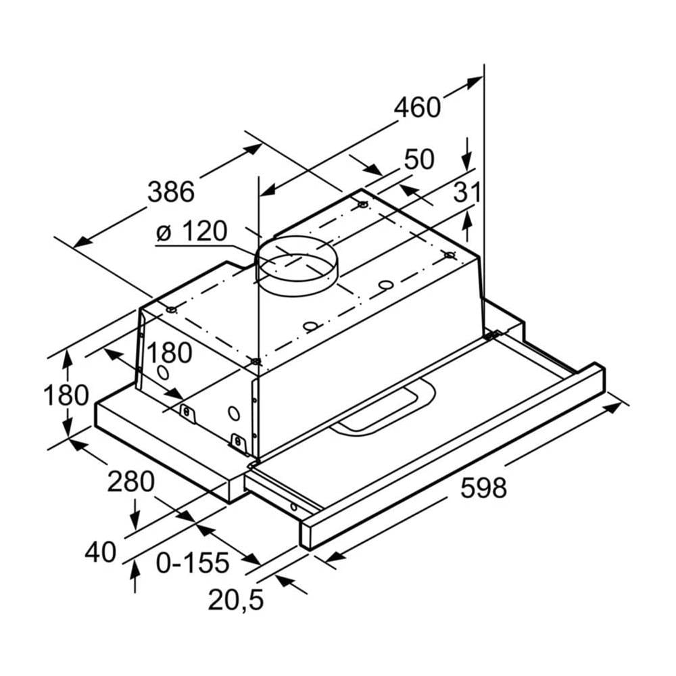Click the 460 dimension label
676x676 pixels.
click(x=417, y=107)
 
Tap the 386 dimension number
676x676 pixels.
click(x=171, y=192)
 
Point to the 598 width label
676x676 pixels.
click(x=483, y=487)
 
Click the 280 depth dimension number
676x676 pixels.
click(x=131, y=482)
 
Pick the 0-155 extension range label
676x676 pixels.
click(x=193, y=561)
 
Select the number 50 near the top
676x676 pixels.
click(x=418, y=160)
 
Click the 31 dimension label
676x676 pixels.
click(x=466, y=193)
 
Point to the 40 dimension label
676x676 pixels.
click(x=101, y=552)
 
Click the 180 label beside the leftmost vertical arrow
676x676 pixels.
click(x=66, y=395)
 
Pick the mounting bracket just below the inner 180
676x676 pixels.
click(x=187, y=412)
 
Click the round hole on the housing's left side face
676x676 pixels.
click(x=163, y=372)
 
